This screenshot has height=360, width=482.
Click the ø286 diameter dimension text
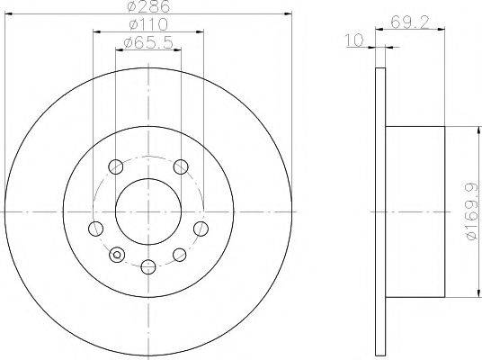(x=148, y=6)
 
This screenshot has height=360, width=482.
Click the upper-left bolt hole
(x=115, y=166)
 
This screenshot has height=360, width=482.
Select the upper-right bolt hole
(x=181, y=166)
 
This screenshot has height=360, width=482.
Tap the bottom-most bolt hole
(x=147, y=265)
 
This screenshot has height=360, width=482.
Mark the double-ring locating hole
(x=115, y=256)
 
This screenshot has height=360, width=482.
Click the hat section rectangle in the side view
(x=415, y=212)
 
